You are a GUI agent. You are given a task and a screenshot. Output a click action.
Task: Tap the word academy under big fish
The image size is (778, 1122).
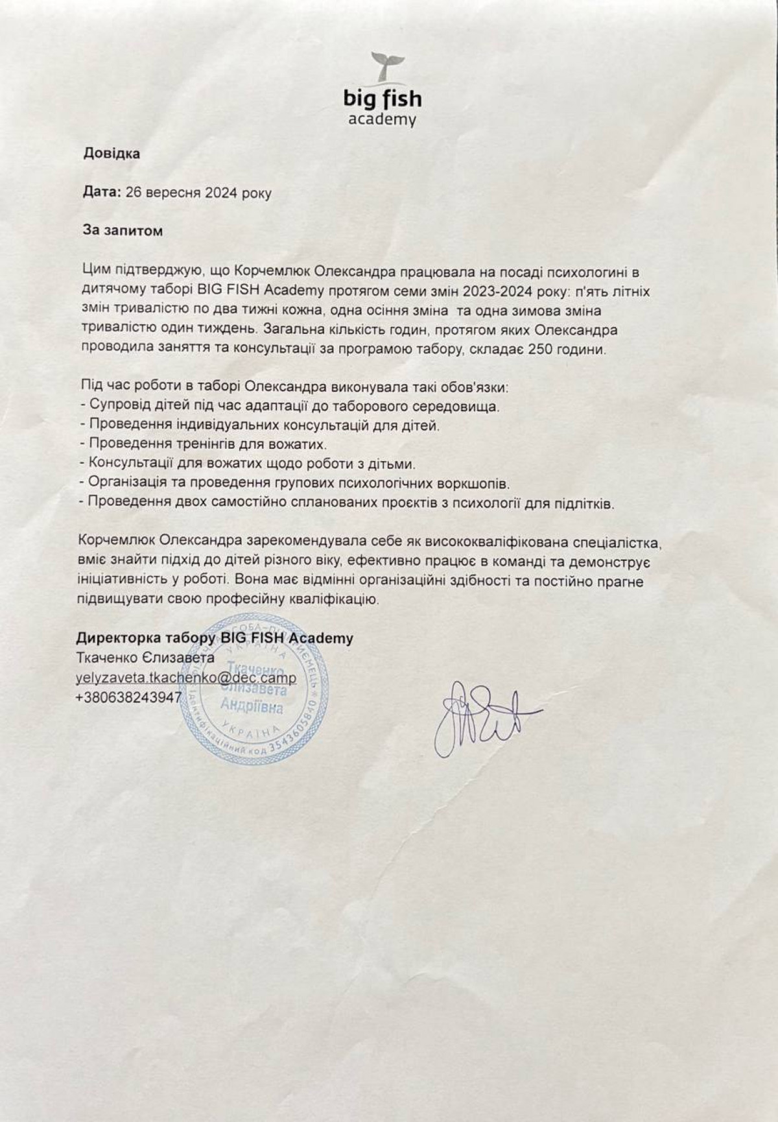[382, 119]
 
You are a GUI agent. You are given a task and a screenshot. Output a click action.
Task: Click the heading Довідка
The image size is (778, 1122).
[112, 154]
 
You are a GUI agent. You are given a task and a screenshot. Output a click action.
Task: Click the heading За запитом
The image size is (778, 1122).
[123, 230]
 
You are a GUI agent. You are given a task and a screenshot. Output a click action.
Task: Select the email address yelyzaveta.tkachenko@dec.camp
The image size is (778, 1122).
[186, 678]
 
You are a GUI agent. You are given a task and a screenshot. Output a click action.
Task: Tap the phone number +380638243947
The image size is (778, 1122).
[128, 698]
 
